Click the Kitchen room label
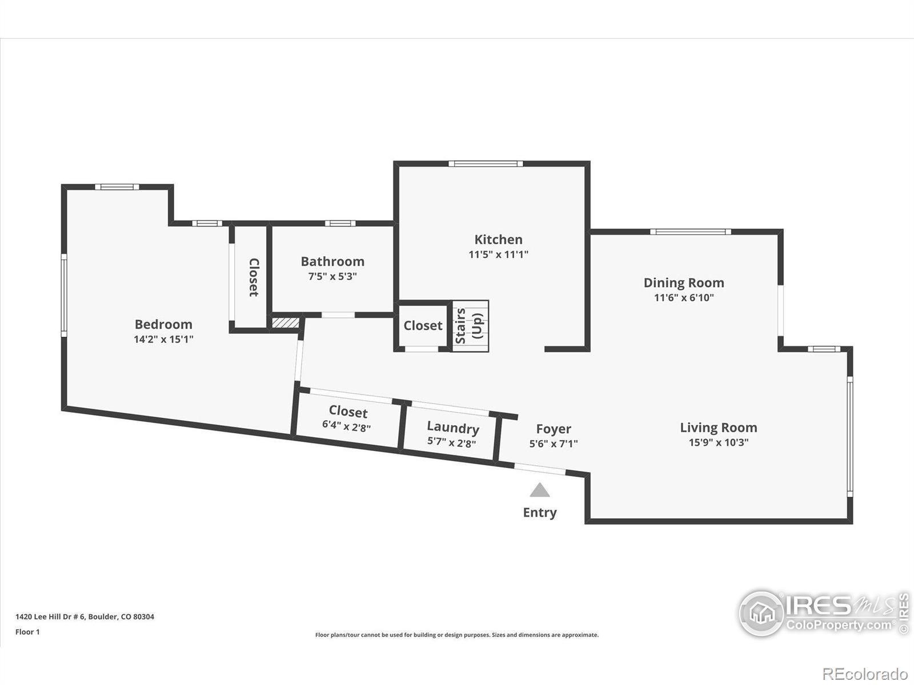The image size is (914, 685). pos(498,240)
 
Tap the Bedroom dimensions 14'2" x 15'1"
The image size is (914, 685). pos(163,340)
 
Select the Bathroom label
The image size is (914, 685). pos(332,261)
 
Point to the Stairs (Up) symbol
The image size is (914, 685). pos(470,326)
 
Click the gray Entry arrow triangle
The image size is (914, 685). pos(540,490)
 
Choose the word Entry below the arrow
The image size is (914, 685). pos(540,513)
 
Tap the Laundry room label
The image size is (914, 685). pos(452,428)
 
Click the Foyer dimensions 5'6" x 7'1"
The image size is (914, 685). pos(554,444)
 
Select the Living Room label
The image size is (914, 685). pos(718,428)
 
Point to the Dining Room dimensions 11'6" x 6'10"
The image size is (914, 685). pos(684,297)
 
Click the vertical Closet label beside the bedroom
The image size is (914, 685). pos(254,277)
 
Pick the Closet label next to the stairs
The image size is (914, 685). pos(423,325)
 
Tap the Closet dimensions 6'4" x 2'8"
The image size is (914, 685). pos(346,426)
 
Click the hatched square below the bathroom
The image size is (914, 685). pos(285,323)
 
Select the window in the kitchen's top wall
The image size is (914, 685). pos(485,163)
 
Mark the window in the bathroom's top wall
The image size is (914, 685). pos(340,223)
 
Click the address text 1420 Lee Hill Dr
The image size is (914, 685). pos(50,616)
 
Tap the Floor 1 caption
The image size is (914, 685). pos(27,632)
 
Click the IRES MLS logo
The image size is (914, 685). pos(824,613)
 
